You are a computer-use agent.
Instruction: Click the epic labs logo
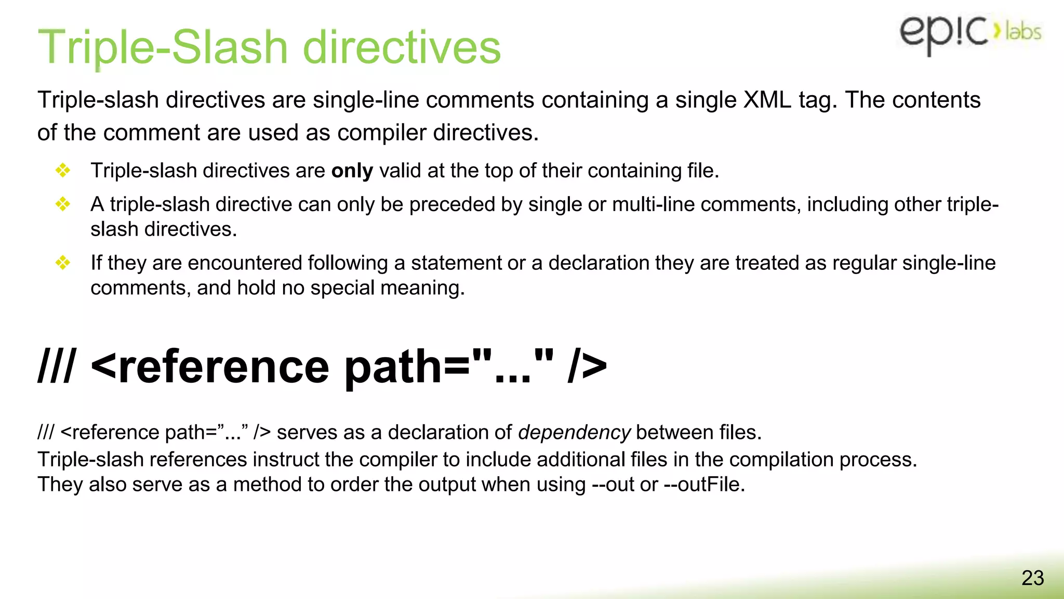(x=969, y=32)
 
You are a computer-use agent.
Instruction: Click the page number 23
(x=1032, y=578)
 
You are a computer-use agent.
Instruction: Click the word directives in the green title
(x=402, y=47)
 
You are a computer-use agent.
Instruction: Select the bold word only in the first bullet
(x=352, y=171)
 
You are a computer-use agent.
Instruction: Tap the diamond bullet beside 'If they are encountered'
(x=63, y=263)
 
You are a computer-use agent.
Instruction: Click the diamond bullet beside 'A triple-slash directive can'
(x=63, y=204)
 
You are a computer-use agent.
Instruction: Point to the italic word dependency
(x=574, y=433)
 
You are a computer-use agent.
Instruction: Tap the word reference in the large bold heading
(x=223, y=367)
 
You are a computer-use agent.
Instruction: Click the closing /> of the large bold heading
(x=587, y=367)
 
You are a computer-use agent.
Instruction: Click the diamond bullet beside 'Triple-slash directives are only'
(x=63, y=171)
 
